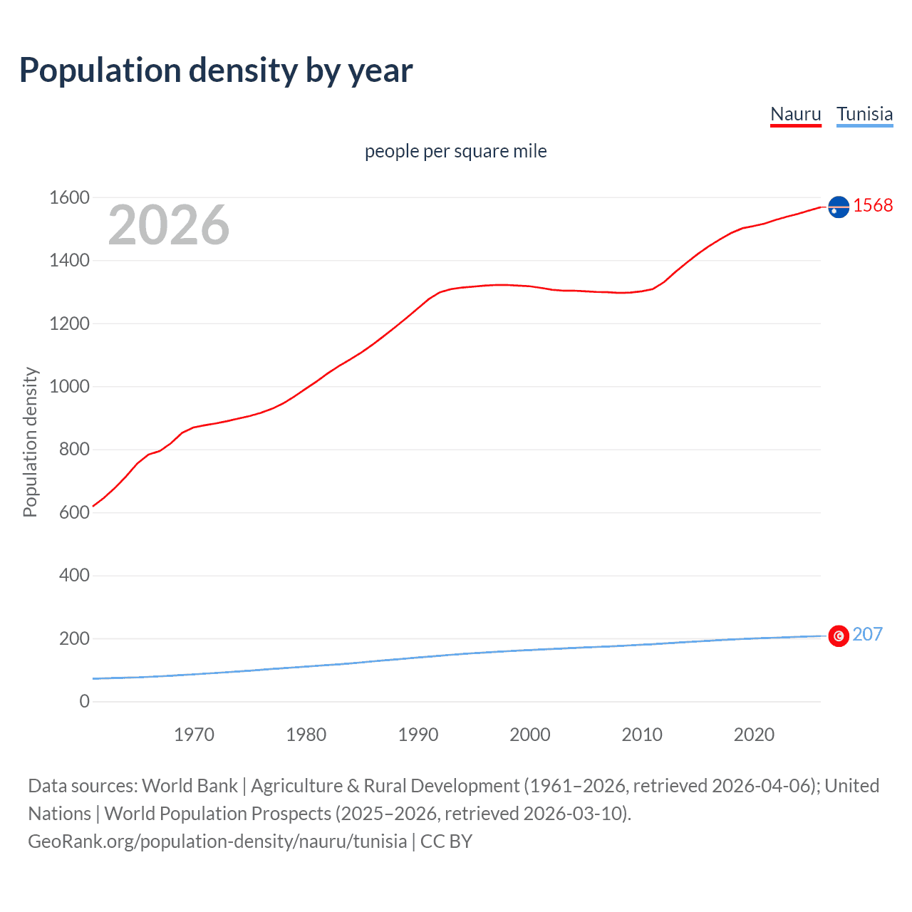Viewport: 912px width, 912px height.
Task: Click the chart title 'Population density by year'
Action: tap(216, 71)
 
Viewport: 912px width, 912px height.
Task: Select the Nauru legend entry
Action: tap(796, 114)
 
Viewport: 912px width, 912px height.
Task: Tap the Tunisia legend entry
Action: tap(864, 114)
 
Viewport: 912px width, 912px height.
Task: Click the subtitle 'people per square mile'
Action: tap(455, 151)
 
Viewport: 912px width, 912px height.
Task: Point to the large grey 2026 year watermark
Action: tap(169, 225)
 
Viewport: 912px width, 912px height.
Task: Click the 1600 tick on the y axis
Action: tap(69, 197)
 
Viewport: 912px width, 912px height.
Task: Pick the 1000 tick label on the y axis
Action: tap(69, 386)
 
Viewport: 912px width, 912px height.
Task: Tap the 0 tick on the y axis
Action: tap(84, 701)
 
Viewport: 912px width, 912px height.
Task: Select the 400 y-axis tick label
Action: tap(74, 575)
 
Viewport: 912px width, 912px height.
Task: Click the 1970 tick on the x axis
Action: tap(194, 735)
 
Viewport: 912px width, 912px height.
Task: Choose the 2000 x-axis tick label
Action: tap(529, 735)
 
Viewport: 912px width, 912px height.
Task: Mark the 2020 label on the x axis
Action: tap(754, 735)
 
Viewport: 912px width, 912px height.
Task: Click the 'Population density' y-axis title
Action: tap(30, 442)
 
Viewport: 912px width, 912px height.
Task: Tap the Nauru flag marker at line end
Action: tap(839, 207)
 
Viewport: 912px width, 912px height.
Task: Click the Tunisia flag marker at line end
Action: tap(839, 636)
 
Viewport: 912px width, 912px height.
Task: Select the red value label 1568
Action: tap(873, 205)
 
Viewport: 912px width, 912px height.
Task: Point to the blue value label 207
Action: tap(867, 634)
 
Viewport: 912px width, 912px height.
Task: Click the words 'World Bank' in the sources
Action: tap(190, 785)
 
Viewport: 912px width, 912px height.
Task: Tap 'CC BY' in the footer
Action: tap(446, 841)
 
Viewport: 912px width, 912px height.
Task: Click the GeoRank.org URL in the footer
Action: tap(217, 841)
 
